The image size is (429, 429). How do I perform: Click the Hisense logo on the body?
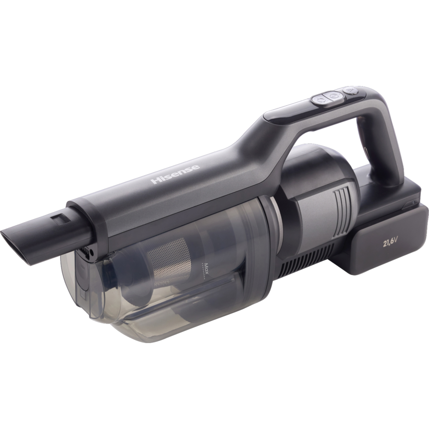tap(175, 174)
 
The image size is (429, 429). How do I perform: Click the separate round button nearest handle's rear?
tap(351, 90)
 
